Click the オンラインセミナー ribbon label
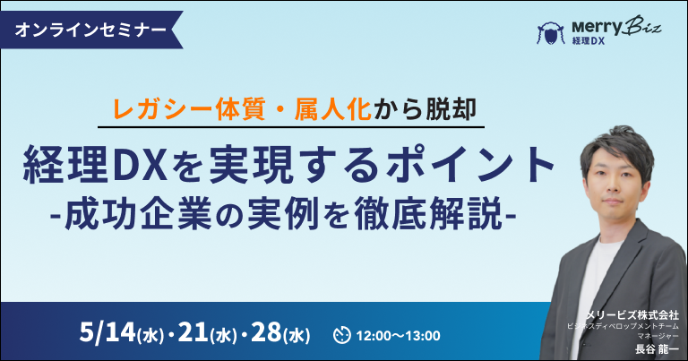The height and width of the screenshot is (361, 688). point(90,30)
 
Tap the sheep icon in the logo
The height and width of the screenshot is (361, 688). point(551,33)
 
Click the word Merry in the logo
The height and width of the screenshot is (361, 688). point(597,28)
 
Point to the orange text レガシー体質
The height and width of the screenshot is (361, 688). point(189,109)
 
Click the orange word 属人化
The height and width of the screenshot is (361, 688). point(333,109)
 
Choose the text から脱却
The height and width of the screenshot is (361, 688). point(425,109)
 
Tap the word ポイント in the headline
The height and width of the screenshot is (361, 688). point(470,166)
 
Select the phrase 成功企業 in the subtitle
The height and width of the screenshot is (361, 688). point(139,213)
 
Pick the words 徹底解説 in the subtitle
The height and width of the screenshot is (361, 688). point(428,213)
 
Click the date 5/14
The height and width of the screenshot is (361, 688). point(107,333)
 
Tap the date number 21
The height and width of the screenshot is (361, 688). point(193,333)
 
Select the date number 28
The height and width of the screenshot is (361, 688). point(267,333)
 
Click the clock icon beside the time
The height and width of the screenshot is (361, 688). point(342,335)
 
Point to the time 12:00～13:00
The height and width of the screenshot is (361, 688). point(398,336)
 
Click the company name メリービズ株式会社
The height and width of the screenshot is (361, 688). point(632,314)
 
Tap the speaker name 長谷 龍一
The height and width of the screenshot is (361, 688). point(658,349)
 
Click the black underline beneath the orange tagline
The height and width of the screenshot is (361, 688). point(291,127)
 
